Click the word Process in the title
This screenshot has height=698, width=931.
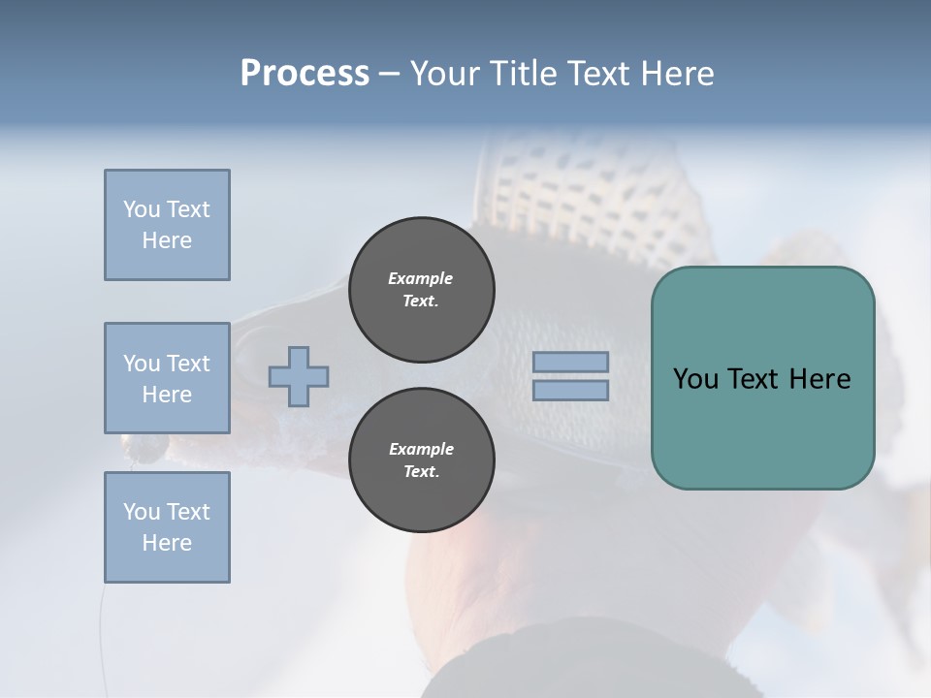click(x=305, y=74)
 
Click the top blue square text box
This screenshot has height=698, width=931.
click(x=167, y=225)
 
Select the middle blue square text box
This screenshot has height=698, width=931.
click(x=167, y=378)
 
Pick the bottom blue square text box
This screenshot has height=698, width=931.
click(x=167, y=527)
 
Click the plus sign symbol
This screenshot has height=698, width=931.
click(x=299, y=376)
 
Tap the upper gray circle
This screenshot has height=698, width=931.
click(x=422, y=290)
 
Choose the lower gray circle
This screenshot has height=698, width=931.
click(x=422, y=460)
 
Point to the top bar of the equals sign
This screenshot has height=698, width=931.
click(x=571, y=363)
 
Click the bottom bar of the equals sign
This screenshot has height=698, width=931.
click(x=571, y=390)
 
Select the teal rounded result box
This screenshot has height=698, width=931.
click(x=762, y=378)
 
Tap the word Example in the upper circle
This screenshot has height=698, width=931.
click(x=421, y=278)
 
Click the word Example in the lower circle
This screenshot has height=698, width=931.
click(x=421, y=449)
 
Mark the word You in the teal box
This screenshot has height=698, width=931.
click(x=694, y=379)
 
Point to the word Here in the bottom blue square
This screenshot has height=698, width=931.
click(x=167, y=543)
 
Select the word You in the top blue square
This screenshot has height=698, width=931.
click(x=142, y=209)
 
